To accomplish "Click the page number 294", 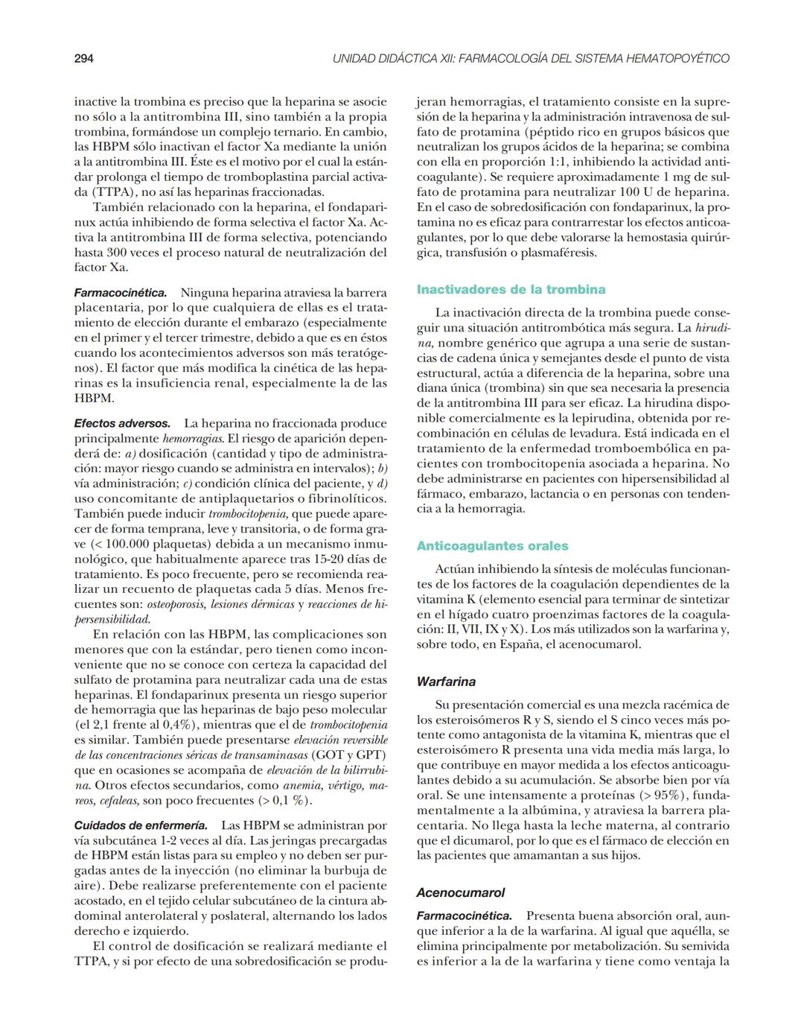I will (83, 58).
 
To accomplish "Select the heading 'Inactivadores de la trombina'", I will (511, 289).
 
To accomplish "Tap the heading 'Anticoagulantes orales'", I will (492, 545).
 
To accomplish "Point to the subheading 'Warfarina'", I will (446, 681).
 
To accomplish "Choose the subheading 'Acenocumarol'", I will (460, 892).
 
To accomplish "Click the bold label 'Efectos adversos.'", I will (122, 423).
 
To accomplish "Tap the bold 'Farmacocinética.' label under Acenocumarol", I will (464, 916).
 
